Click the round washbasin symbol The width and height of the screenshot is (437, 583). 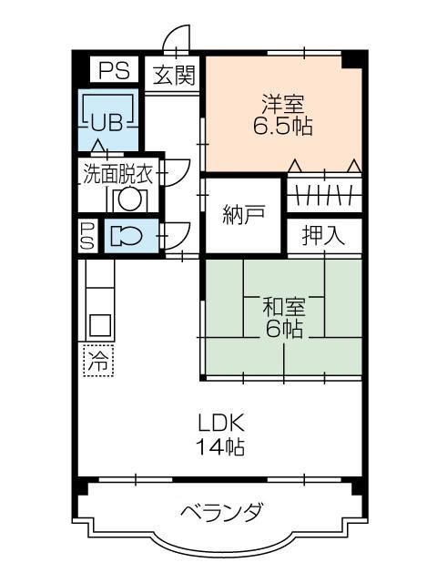pyautogui.click(x=128, y=198)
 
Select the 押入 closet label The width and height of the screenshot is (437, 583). pyautogui.click(x=323, y=235)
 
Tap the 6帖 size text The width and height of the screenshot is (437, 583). pyautogui.click(x=282, y=329)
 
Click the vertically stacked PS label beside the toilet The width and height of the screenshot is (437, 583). pyautogui.click(x=87, y=235)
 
